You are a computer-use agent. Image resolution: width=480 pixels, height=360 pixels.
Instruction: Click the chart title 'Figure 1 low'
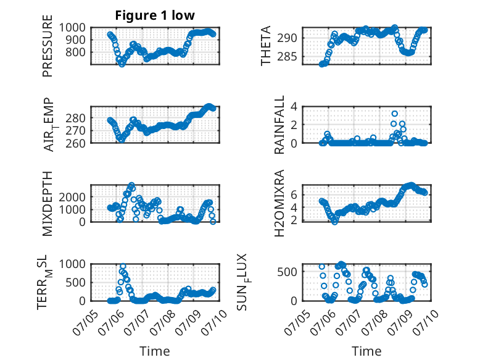(155, 15)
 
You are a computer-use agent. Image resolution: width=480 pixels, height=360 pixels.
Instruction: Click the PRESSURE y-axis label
(48, 46)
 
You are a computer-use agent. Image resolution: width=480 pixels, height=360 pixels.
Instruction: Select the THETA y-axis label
(266, 46)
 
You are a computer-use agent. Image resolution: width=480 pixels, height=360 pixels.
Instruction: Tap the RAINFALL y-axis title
(279, 125)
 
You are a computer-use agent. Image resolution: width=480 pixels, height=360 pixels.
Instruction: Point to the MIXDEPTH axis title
(48, 204)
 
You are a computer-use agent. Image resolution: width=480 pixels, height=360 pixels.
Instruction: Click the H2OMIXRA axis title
(279, 203)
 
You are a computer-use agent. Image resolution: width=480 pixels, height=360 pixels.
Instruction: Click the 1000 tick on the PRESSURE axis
(72, 28)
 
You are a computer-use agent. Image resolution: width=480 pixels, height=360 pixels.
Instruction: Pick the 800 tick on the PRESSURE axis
(75, 52)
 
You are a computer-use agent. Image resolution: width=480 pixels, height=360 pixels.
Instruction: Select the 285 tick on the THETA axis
(287, 57)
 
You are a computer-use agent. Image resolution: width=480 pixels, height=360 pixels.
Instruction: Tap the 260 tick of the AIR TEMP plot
(75, 143)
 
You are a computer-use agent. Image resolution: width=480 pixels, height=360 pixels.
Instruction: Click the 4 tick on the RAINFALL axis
(294, 107)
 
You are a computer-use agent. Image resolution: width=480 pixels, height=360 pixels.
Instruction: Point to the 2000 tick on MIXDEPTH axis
(72, 197)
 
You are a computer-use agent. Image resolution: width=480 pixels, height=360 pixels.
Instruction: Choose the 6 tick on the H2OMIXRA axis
(294, 195)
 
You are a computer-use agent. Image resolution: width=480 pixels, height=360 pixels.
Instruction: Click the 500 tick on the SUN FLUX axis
(287, 272)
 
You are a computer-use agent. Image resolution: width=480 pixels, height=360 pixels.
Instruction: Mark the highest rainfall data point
(395, 114)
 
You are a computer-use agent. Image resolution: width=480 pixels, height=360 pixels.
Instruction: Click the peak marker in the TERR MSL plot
(123, 266)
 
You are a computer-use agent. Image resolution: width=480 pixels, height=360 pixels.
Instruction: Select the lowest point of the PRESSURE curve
(122, 64)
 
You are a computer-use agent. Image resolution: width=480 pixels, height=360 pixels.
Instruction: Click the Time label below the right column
(366, 351)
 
